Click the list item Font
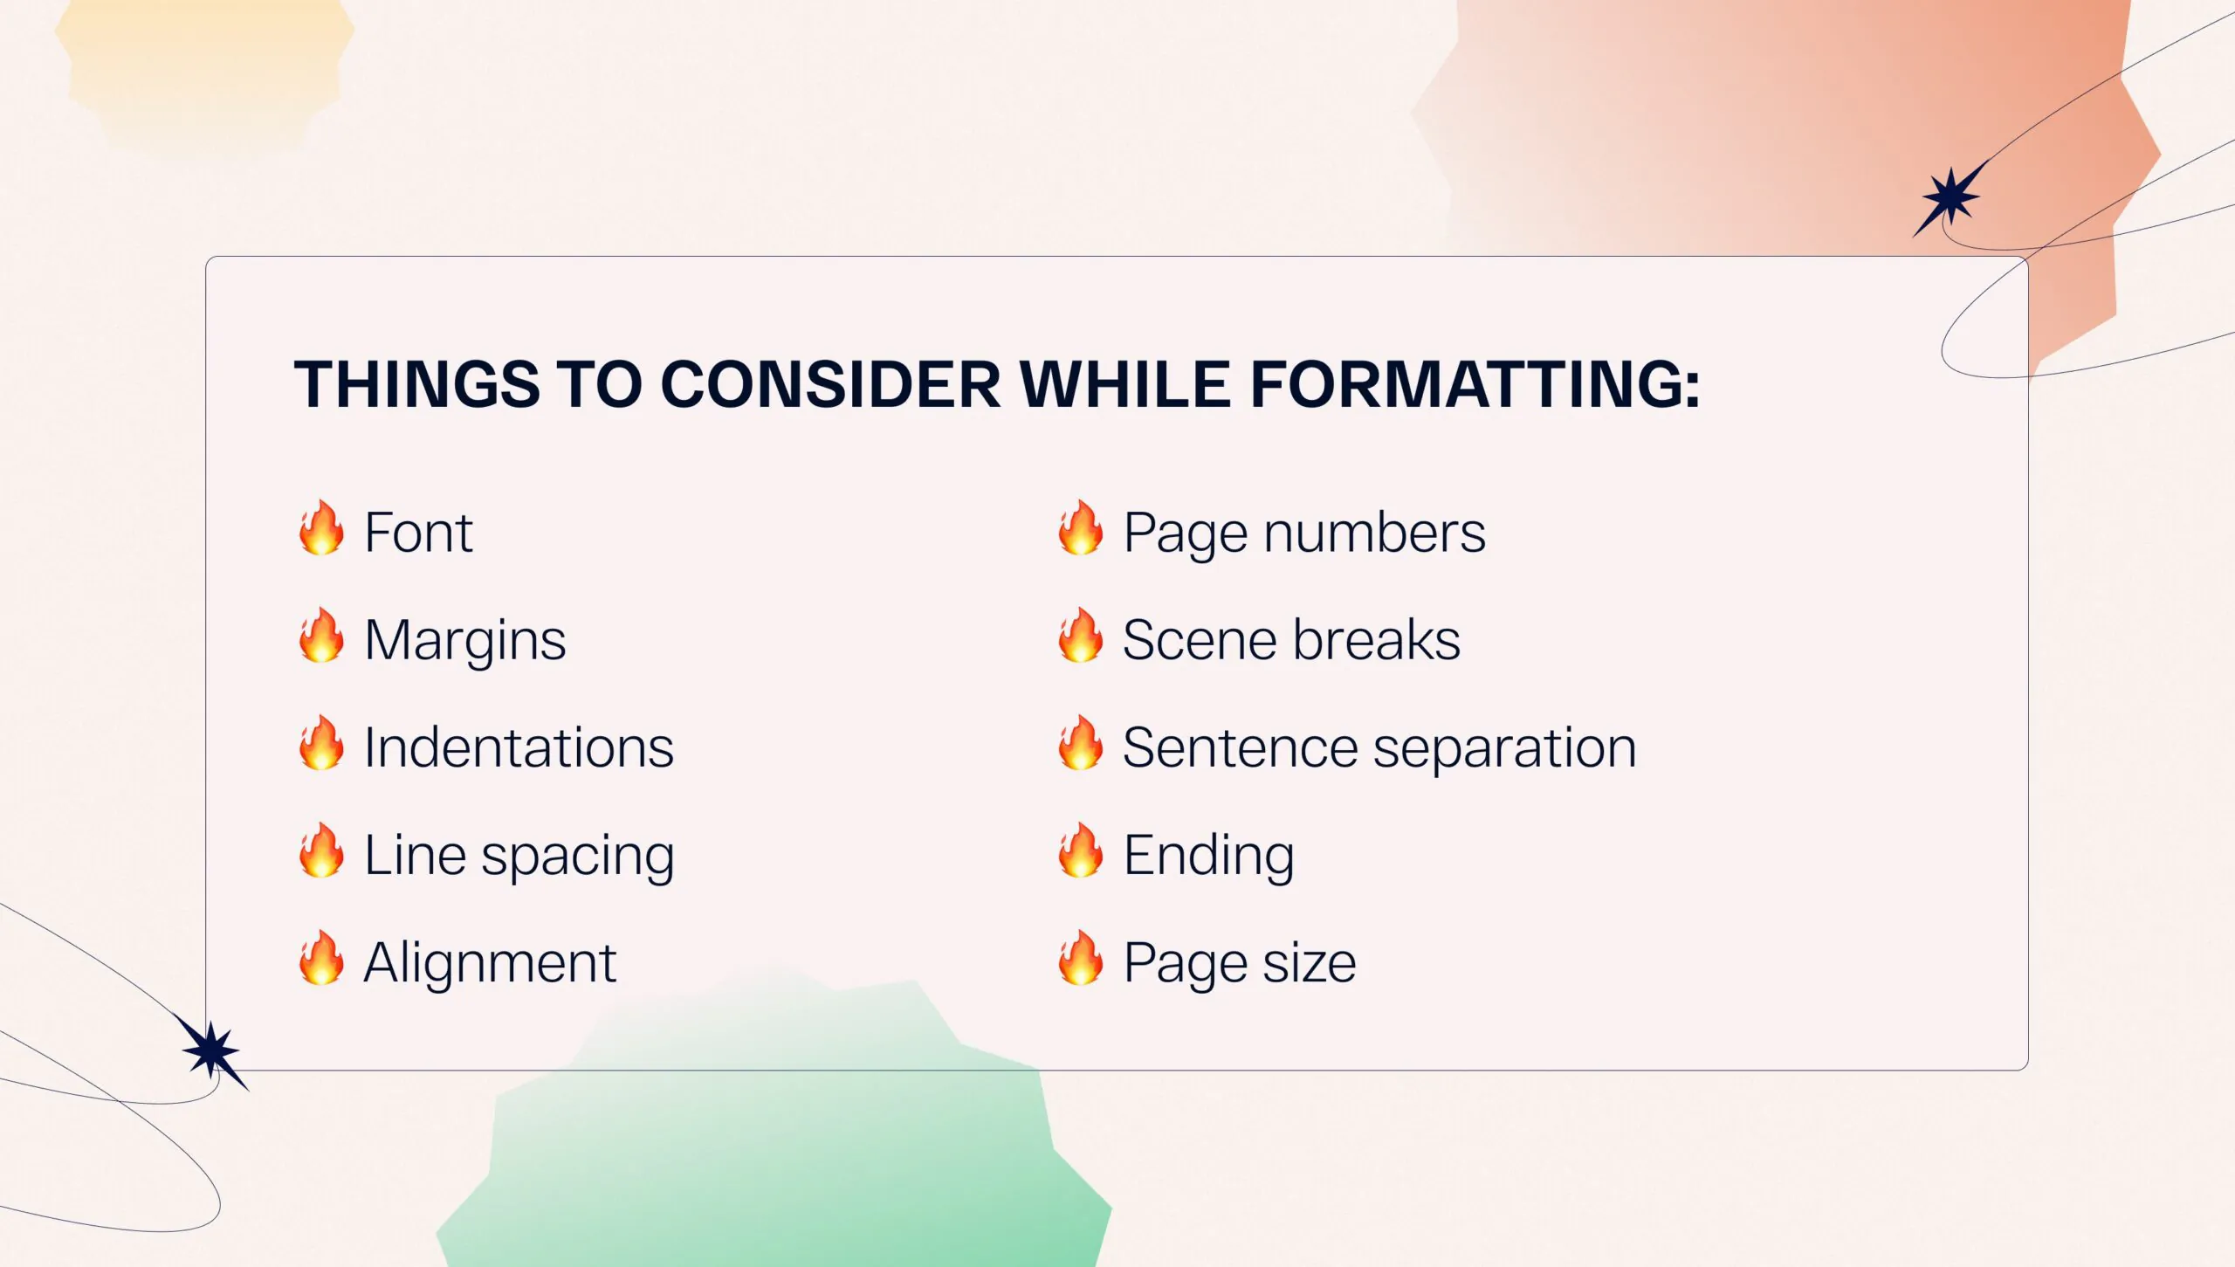point(418,532)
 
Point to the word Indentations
point(519,747)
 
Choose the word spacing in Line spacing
point(578,857)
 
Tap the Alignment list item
point(490,963)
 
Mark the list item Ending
point(1208,857)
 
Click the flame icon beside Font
point(321,527)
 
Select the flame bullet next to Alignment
point(321,957)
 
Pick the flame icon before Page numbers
point(1081,527)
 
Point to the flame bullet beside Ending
point(1081,850)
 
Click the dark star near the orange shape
point(1950,198)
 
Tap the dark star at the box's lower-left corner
point(210,1051)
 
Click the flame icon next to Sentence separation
point(1081,742)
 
